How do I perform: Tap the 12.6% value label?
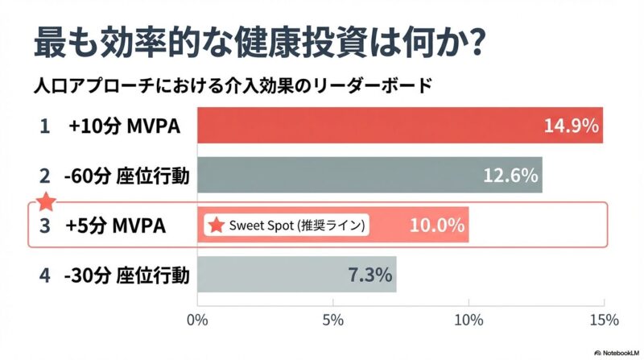510,175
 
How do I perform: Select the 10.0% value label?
437,226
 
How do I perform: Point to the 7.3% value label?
370,275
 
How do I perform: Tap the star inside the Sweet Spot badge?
216,226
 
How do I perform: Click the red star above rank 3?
47,201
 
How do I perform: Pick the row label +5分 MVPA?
118,226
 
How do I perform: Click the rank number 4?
45,275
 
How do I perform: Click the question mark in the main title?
473,42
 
